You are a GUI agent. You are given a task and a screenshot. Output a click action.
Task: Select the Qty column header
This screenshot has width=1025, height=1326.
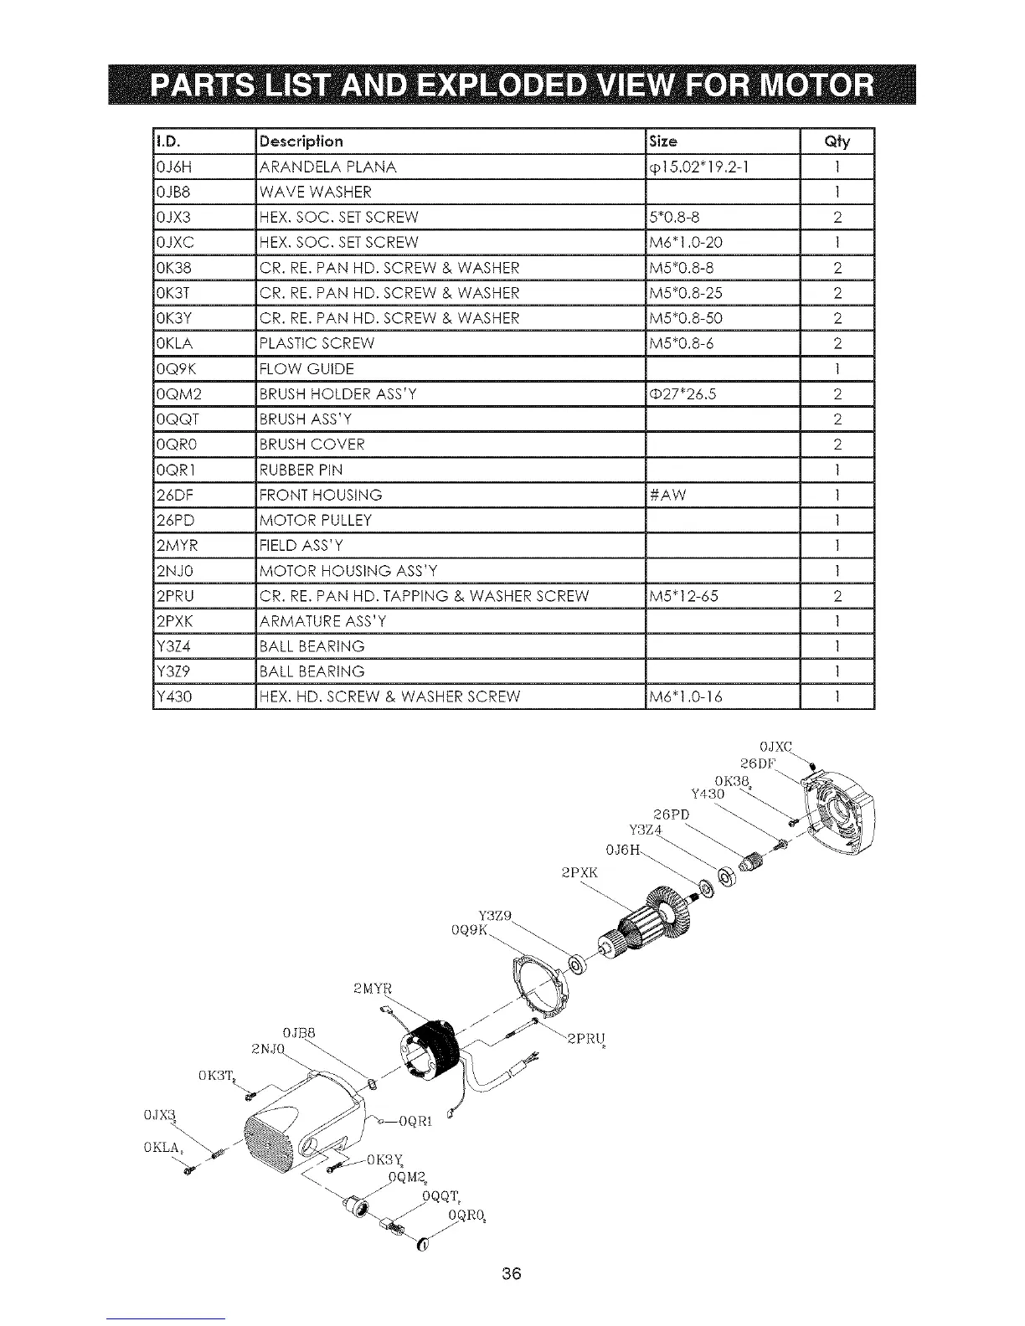[x=837, y=141]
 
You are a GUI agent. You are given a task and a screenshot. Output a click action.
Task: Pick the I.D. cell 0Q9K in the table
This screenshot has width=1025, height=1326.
[x=173, y=368]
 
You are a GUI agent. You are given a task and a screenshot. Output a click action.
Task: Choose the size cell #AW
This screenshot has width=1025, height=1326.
[x=667, y=495]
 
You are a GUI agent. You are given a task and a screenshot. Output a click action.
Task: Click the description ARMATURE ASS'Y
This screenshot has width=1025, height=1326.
[x=323, y=621]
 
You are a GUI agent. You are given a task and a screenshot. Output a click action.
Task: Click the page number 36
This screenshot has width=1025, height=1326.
[x=512, y=1274]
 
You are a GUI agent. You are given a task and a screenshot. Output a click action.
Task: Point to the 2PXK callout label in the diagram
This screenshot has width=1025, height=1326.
[x=579, y=872]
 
